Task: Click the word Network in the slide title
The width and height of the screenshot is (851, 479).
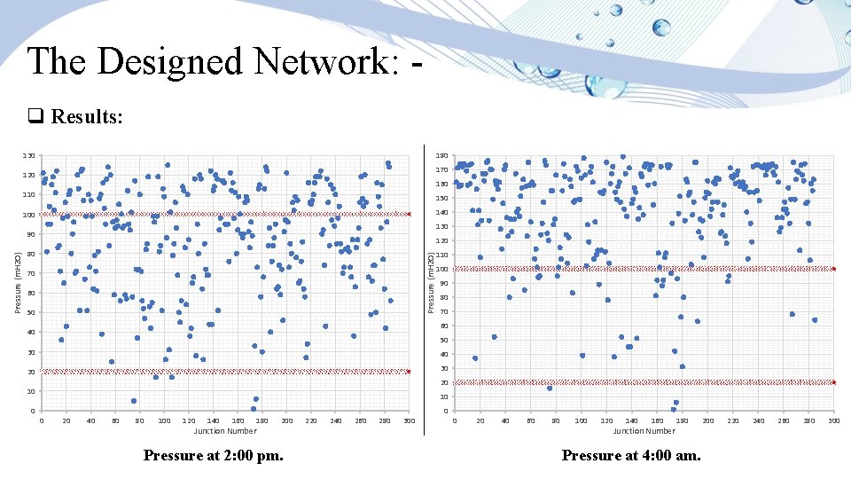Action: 318,62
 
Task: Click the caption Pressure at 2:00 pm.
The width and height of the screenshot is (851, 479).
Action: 212,456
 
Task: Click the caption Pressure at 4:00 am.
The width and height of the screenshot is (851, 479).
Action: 631,456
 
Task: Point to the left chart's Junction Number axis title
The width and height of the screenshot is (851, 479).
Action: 225,431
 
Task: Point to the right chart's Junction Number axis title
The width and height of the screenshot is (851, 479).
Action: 644,431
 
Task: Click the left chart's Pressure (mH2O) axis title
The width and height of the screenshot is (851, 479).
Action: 18,281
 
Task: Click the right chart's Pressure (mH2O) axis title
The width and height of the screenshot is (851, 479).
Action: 432,281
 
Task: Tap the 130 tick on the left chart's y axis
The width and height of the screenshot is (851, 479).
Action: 28,156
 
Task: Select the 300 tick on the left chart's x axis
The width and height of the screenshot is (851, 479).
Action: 409,420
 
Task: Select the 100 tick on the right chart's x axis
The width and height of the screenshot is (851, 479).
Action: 581,420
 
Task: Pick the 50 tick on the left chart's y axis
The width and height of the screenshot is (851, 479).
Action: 30,312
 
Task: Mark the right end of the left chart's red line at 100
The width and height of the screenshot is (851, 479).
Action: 409,214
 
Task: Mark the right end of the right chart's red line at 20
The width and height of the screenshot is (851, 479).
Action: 833,382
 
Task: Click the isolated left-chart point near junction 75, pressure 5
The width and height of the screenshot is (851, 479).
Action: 134,401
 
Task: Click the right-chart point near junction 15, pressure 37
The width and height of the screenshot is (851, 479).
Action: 475,358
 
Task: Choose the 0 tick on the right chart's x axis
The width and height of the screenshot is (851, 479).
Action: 455,420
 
